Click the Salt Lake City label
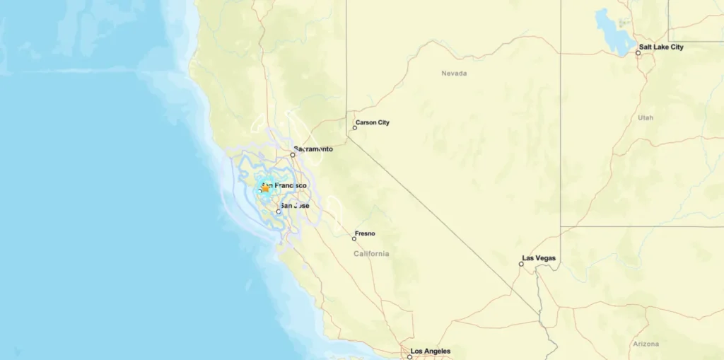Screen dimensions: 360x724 (661, 47)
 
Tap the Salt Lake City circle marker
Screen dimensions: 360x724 (638, 53)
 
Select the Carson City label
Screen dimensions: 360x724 (373, 122)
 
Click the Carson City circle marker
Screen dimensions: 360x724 (355, 128)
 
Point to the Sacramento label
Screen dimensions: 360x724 (315, 149)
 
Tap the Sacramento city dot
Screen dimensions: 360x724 (293, 155)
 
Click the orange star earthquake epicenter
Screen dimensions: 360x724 (265, 188)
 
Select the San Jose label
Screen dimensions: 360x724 (295, 206)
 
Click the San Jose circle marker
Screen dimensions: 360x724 (279, 211)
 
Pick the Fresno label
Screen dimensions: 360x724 (366, 233)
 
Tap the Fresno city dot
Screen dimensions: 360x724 (354, 239)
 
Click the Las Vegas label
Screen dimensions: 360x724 (539, 258)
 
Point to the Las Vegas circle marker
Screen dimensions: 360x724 (522, 264)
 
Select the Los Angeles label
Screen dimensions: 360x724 (431, 351)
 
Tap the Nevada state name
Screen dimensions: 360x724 (454, 74)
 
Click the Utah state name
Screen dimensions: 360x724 (646, 117)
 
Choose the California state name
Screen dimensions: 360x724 (372, 254)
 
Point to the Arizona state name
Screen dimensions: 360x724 (646, 344)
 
